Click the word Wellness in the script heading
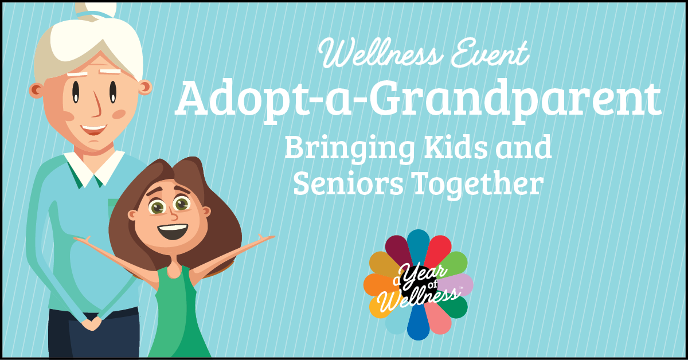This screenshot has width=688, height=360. pos(381,53)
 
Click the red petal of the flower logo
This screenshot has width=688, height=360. pos(439,249)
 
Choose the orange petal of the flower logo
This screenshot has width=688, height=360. pos(379,284)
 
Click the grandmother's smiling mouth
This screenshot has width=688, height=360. pos(93,130)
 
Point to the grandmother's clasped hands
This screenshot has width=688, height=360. pos(91,323)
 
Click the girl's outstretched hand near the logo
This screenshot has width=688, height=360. pos(266,238)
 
